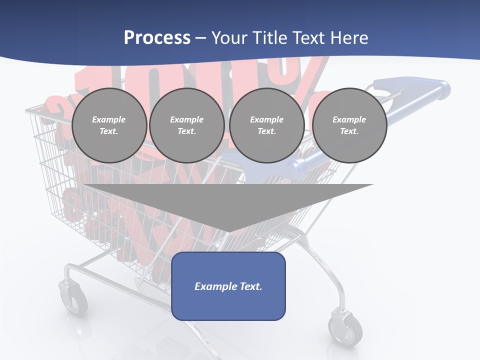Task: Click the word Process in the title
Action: [157, 38]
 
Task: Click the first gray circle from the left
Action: [109, 125]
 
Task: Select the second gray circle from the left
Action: [186, 125]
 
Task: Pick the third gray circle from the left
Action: [266, 125]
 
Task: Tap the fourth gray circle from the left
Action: [349, 125]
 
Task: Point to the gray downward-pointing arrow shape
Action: [228, 205]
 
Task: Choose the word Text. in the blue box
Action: [250, 286]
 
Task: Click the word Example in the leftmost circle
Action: [109, 119]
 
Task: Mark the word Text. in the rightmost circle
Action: [349, 131]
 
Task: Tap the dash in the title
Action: [200, 38]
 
